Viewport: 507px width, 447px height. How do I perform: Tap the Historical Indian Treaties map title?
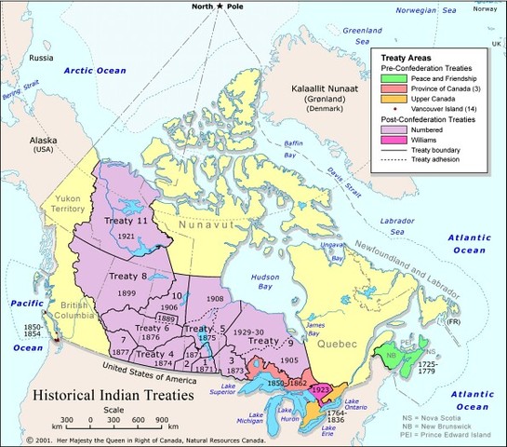(113, 395)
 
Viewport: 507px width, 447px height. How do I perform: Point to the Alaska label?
(45, 141)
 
